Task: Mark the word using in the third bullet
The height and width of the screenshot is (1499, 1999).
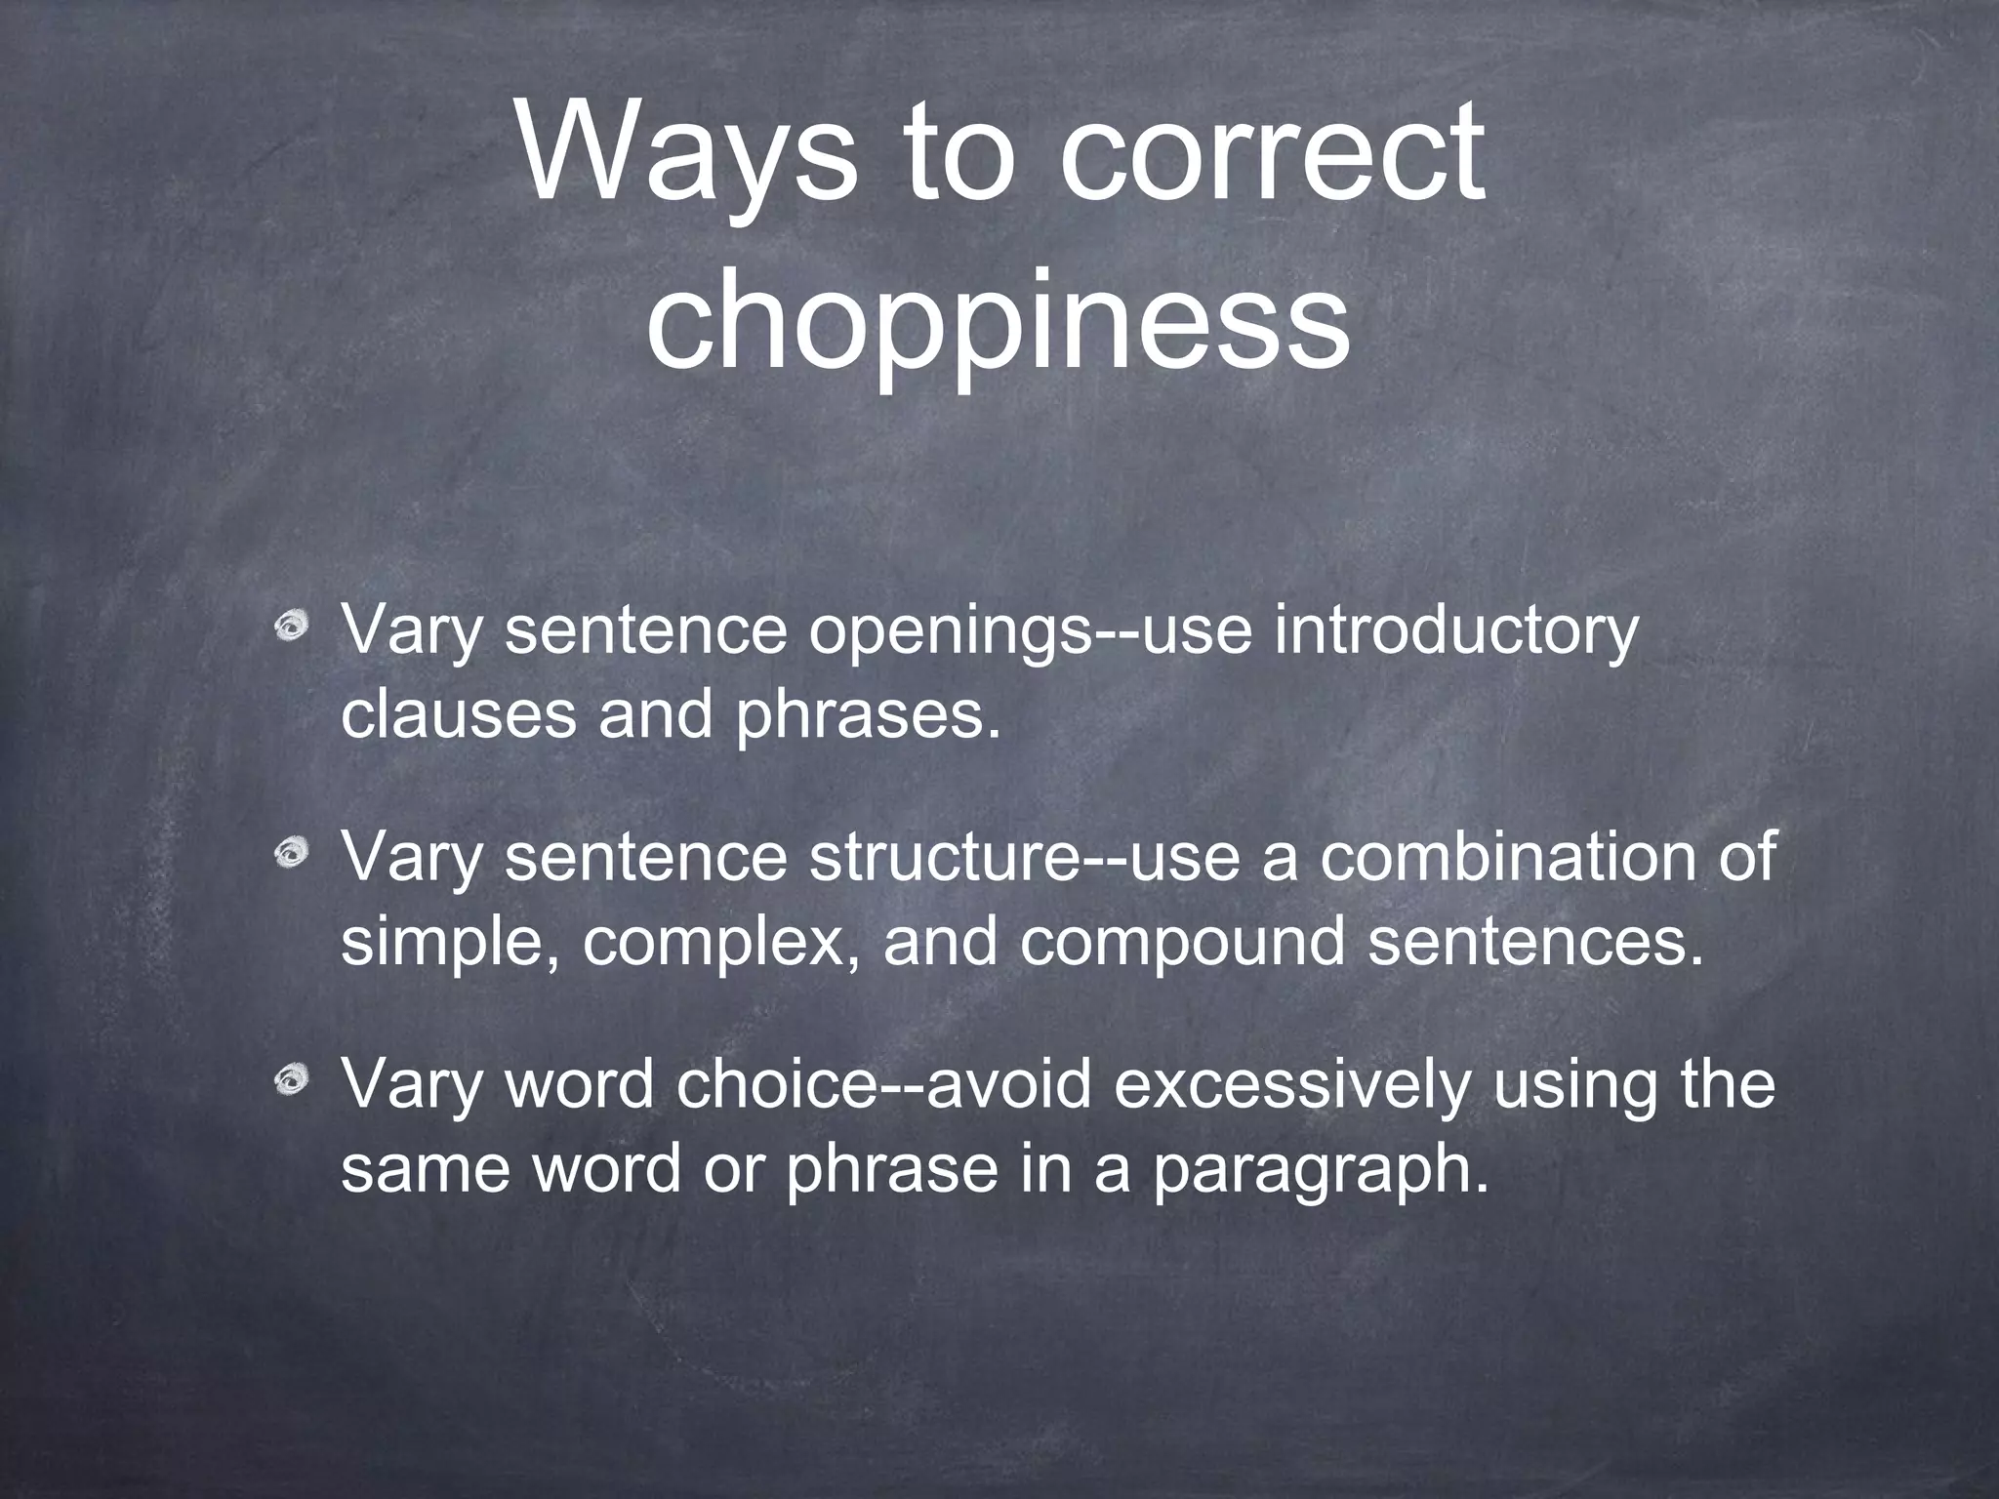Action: [x=1571, y=1084]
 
